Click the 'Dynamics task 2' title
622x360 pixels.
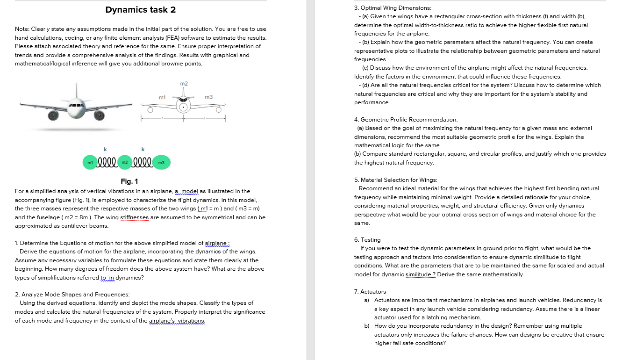141,10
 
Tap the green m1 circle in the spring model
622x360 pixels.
89,163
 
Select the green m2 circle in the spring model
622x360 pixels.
125,163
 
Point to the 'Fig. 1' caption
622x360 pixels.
129,181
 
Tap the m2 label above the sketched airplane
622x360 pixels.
184,84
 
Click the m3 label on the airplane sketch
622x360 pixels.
209,97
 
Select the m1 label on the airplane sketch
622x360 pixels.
162,97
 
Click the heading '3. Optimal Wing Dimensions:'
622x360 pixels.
393,8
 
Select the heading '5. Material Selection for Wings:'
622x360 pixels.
395,180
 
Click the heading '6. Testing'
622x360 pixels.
367,239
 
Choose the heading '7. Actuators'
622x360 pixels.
370,291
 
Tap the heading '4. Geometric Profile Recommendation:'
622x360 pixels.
406,120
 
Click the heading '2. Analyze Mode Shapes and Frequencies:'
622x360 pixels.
72,295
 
